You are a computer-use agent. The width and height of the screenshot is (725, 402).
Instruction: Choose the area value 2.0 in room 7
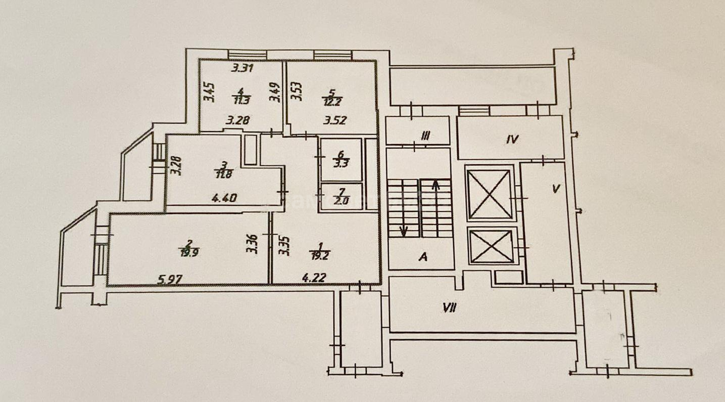[x=342, y=198]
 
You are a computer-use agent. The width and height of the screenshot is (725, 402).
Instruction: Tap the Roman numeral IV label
[x=512, y=140]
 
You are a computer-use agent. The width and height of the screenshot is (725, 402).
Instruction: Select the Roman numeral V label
[x=556, y=190]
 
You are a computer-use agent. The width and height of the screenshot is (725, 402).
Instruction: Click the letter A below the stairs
[x=423, y=257]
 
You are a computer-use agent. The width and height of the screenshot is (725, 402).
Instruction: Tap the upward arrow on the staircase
[x=435, y=188]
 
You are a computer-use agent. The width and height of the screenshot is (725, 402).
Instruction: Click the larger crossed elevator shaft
[x=489, y=194]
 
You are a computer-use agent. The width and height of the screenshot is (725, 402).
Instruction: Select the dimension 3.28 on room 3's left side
[x=175, y=165]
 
